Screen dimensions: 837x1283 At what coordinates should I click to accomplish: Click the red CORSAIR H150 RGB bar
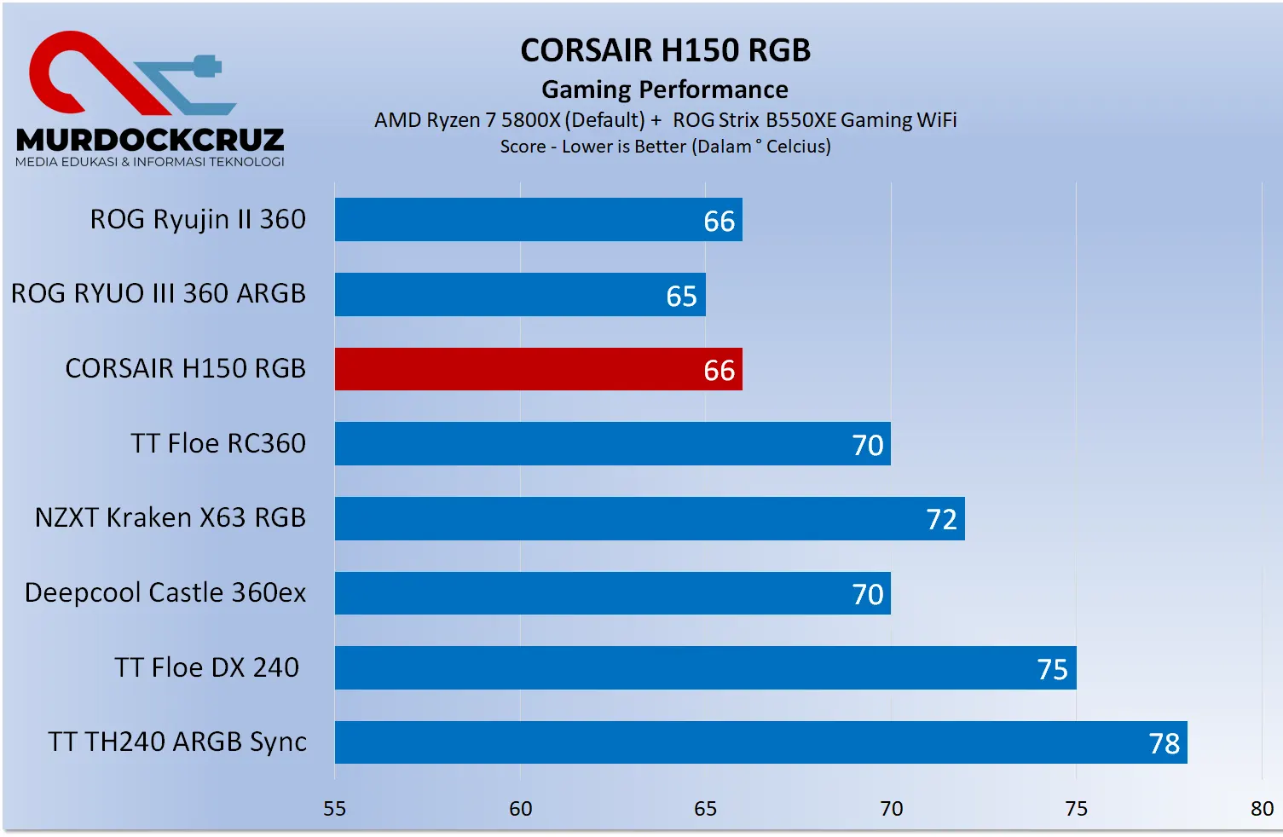click(537, 369)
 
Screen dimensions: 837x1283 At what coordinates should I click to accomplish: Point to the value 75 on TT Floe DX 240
click(1052, 669)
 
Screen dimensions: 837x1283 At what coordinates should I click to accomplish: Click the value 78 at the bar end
click(1164, 744)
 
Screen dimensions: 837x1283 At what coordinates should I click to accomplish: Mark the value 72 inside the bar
click(941, 519)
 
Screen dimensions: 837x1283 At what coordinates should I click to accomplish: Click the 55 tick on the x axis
click(334, 808)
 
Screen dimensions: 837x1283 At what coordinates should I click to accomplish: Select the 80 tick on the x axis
click(1262, 808)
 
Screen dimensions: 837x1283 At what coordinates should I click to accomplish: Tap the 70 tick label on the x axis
click(891, 808)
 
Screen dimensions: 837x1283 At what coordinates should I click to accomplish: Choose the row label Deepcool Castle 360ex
click(165, 592)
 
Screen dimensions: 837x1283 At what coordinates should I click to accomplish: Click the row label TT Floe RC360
click(218, 443)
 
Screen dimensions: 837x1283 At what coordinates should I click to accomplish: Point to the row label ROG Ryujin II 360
click(198, 220)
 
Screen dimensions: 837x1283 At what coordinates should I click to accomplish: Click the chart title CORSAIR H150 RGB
click(665, 51)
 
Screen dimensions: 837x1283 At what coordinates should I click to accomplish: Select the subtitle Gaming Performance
click(665, 89)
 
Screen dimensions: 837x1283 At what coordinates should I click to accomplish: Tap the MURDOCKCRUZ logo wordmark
click(150, 139)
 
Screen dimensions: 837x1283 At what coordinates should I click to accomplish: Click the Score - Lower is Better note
click(665, 147)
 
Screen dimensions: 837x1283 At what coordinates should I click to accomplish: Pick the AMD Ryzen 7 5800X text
click(509, 120)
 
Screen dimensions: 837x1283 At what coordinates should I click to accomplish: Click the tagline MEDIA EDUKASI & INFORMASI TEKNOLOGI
click(150, 162)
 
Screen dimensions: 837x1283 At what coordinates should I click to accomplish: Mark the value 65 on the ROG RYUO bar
click(681, 296)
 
